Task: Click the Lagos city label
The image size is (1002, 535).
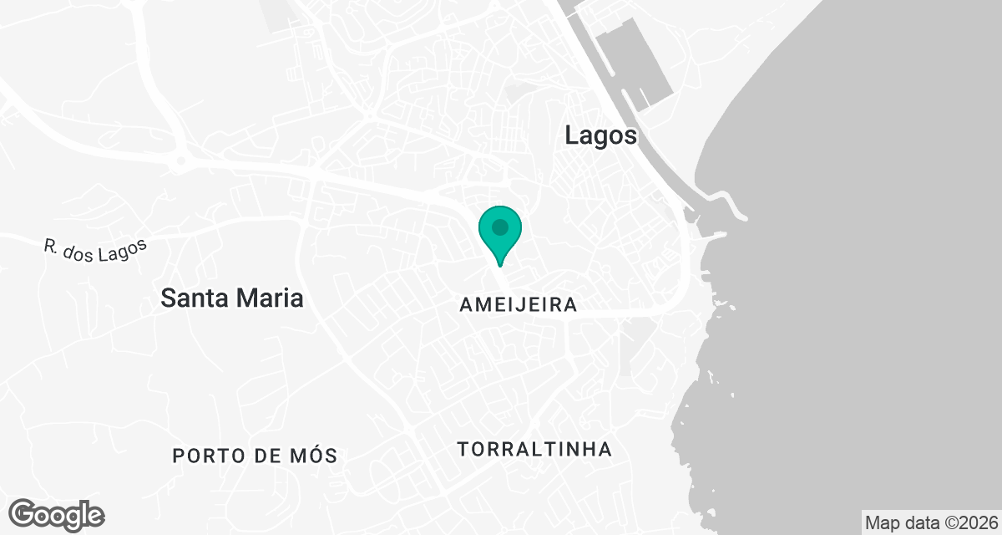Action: pos(600,135)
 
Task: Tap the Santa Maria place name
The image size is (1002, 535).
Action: pos(231,298)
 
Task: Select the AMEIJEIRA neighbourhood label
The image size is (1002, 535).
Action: pos(518,305)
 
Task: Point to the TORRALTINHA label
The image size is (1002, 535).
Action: pos(534,450)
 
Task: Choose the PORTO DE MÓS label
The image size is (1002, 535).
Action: pos(255,456)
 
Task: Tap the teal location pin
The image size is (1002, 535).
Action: pos(499,233)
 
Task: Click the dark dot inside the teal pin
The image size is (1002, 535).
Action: pos(499,227)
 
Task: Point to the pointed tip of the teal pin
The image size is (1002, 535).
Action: pos(499,266)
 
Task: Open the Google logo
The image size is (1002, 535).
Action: pos(57,514)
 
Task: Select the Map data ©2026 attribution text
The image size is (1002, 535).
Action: pos(930,522)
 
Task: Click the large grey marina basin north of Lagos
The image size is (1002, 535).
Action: pos(636,63)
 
